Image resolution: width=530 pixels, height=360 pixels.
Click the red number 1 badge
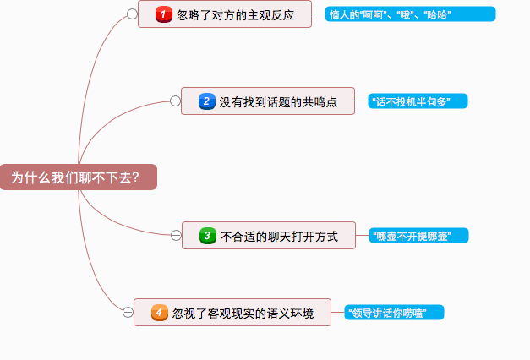coord(164,14)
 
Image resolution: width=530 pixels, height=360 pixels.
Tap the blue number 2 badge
coord(207,101)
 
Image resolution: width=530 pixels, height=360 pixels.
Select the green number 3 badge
coord(207,236)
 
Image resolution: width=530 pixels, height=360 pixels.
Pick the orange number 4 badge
coord(160,313)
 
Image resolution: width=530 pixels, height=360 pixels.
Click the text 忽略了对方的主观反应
coord(236,15)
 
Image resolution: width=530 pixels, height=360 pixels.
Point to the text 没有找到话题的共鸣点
coord(278,102)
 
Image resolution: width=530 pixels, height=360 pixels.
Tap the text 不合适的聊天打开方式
coord(279,237)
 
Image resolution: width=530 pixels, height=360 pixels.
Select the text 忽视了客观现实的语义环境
coord(243,314)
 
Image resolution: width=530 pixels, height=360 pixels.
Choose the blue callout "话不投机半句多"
coord(417,101)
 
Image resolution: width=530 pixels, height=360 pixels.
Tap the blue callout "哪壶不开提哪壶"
coord(418,236)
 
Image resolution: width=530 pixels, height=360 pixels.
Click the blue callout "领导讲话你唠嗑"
coord(394,313)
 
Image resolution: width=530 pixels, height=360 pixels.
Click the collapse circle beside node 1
coord(132,14)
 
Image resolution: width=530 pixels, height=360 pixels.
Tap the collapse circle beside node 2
coord(175,101)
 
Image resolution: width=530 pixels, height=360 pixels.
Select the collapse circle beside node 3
coord(176,235)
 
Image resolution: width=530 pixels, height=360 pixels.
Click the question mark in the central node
coord(135,177)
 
